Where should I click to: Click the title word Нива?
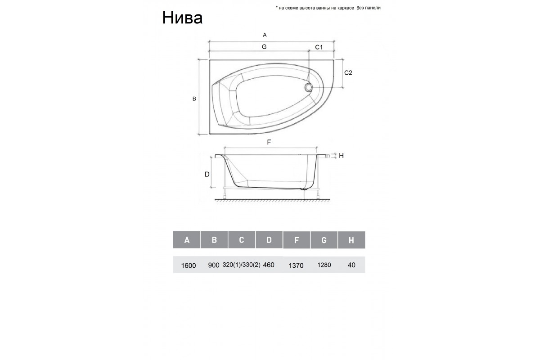182,18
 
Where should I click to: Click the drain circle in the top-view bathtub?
308,87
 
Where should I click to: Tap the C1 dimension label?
319,47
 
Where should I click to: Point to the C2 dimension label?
348,72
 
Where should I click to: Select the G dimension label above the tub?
264,47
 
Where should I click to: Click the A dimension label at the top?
265,35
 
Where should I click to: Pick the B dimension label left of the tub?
194,99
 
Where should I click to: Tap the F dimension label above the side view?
269,142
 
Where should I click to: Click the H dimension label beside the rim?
341,156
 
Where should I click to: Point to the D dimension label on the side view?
207,174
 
